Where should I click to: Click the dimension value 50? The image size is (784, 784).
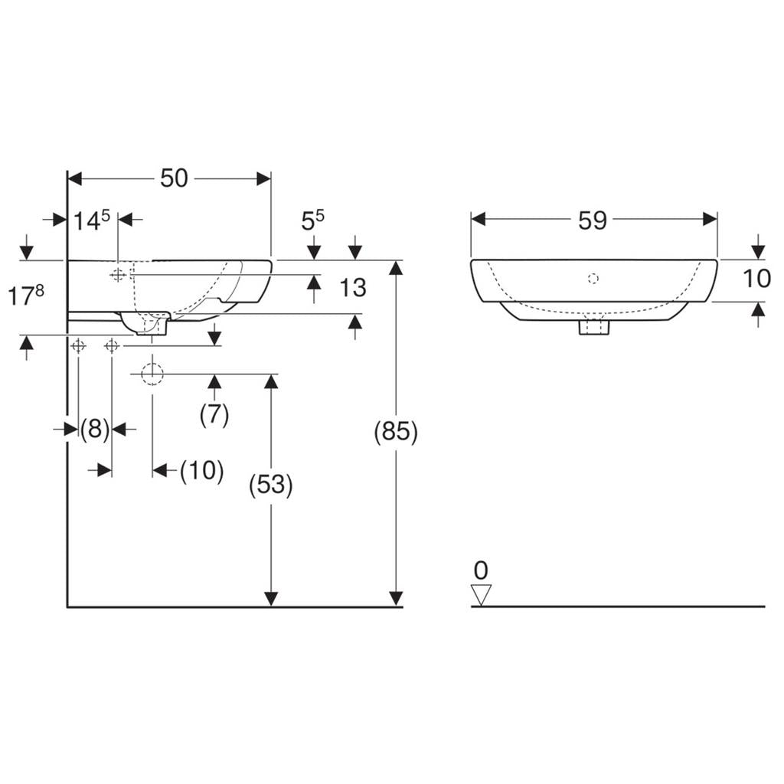tap(174, 178)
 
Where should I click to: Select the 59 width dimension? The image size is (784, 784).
tap(593, 220)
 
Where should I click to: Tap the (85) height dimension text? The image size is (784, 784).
tap(396, 431)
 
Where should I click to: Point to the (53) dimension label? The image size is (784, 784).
tap(270, 485)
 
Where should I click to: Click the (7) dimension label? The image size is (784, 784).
tap(214, 414)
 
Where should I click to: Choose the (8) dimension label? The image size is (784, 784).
tap(95, 429)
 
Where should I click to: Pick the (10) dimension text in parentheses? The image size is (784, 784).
tap(202, 471)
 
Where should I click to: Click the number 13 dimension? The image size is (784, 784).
tap(353, 288)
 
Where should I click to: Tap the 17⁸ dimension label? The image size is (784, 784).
tap(26, 295)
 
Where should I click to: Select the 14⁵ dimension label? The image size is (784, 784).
tap(92, 220)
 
